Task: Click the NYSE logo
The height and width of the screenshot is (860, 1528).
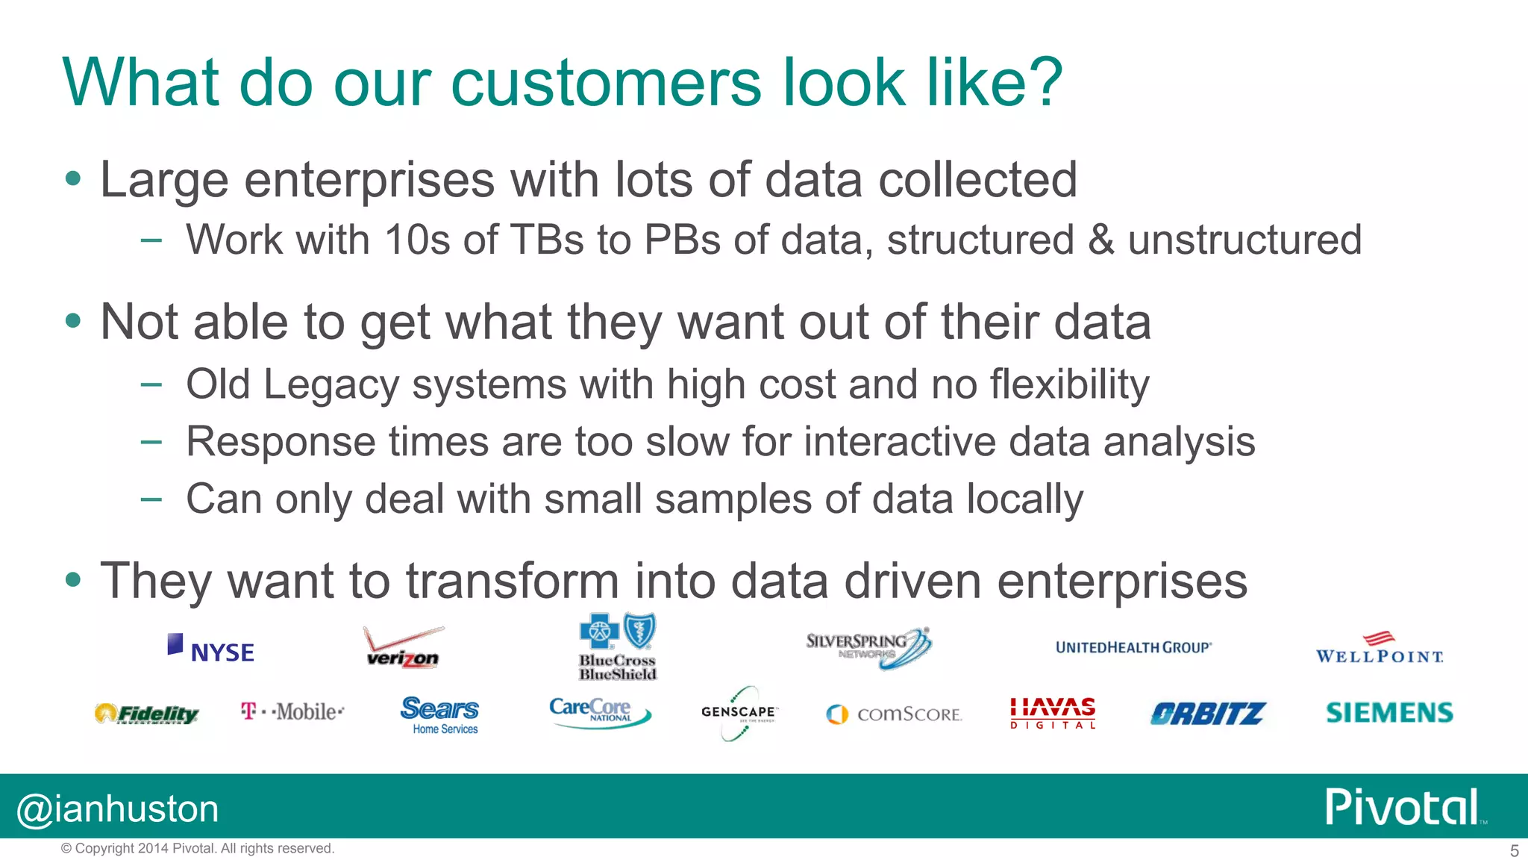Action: [x=211, y=649]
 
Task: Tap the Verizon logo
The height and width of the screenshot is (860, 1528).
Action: [x=403, y=648]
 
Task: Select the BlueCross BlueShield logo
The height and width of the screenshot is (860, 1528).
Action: [x=618, y=647]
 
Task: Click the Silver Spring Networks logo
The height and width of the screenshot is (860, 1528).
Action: [x=868, y=647]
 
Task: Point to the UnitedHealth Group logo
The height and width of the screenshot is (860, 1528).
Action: [x=1133, y=647]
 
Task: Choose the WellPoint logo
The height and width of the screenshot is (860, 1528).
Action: [x=1380, y=649]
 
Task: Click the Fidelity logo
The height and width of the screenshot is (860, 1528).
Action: [x=147, y=714]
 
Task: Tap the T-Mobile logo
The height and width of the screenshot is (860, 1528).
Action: [x=292, y=711]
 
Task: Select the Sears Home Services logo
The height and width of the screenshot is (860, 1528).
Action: [x=440, y=714]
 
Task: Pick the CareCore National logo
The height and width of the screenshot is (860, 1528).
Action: [x=599, y=711]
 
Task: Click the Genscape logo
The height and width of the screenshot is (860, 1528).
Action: [x=739, y=712]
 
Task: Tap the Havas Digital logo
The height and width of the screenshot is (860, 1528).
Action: [x=1052, y=713]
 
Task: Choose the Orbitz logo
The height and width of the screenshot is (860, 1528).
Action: [x=1207, y=714]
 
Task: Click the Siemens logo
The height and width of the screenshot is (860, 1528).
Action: [x=1389, y=712]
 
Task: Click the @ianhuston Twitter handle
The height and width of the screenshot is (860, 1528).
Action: [x=118, y=809]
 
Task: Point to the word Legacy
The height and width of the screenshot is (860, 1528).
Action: [x=331, y=385]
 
